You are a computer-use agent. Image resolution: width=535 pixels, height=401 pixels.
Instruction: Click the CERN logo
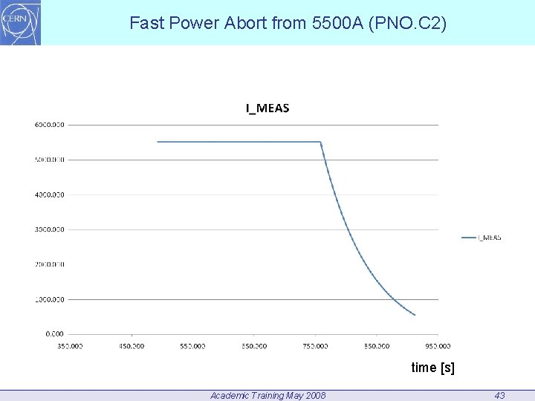pos(21,22)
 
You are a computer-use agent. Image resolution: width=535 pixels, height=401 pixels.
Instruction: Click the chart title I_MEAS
pos(267,108)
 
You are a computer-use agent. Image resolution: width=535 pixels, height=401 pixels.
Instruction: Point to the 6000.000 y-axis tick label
pos(50,125)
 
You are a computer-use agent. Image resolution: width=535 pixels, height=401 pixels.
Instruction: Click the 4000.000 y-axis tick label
pos(50,195)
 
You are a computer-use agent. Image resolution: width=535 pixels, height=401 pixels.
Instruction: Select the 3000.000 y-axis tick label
pos(50,229)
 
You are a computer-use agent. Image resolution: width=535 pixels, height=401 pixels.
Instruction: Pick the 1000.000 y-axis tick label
pos(50,299)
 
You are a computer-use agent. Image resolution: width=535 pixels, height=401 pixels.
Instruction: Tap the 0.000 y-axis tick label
pos(54,334)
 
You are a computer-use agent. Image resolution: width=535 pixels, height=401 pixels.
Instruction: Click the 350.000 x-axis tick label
pos(70,345)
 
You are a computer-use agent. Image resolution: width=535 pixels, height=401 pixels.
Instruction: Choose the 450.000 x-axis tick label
pos(132,345)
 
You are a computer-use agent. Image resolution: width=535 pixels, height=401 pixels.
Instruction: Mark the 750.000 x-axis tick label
pos(315,345)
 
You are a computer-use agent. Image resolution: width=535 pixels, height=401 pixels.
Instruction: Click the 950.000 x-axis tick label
pos(438,345)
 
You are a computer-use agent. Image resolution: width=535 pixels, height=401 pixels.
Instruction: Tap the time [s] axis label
pos(432,368)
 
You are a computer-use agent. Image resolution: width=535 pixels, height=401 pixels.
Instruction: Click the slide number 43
pos(499,395)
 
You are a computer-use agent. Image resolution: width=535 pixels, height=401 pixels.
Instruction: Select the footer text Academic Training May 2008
pos(267,395)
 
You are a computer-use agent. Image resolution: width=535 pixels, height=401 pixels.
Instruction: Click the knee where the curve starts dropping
pos(320,142)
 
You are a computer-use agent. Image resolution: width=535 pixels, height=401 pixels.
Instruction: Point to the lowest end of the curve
pos(415,315)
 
